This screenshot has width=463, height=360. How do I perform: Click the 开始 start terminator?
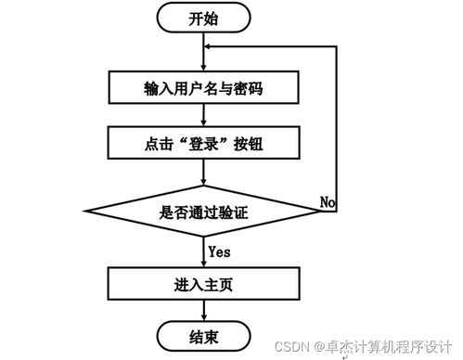point(204,18)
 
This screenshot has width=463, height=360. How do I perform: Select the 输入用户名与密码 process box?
point(203,88)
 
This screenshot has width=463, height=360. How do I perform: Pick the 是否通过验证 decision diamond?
point(203,212)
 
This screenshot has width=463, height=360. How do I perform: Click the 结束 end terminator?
point(203,334)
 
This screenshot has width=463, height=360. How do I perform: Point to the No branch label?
point(328,201)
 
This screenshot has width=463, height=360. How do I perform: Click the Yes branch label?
point(220,251)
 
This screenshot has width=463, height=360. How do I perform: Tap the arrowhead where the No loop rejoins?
point(210,47)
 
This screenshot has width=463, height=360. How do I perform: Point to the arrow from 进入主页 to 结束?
point(204,309)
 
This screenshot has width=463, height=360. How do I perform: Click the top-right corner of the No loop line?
point(337,47)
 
